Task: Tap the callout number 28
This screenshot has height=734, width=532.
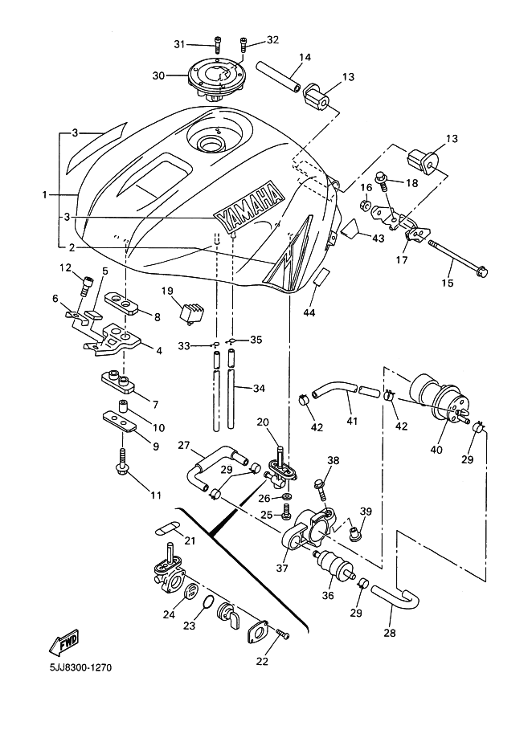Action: (391, 632)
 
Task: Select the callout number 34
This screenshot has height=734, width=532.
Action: (258, 389)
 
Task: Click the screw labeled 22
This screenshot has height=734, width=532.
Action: (283, 634)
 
